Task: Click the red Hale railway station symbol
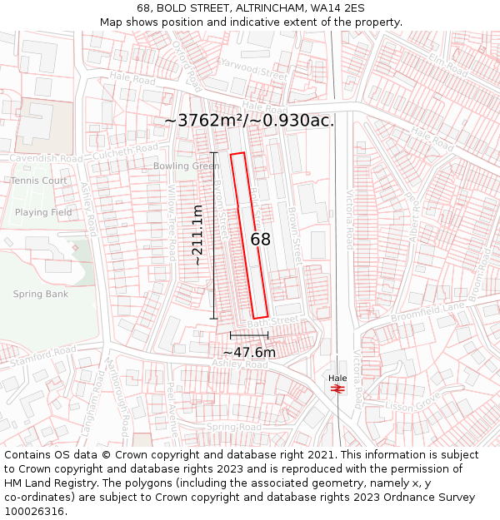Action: pos(338,388)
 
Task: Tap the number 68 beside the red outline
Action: pos(261,240)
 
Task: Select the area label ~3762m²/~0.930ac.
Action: pos(249,121)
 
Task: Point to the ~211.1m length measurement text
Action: pos(197,235)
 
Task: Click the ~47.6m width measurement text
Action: pos(249,352)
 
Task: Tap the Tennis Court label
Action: pos(39,181)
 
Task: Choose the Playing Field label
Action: pos(43,212)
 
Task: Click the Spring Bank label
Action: pos(41,294)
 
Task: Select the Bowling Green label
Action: pos(187,166)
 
